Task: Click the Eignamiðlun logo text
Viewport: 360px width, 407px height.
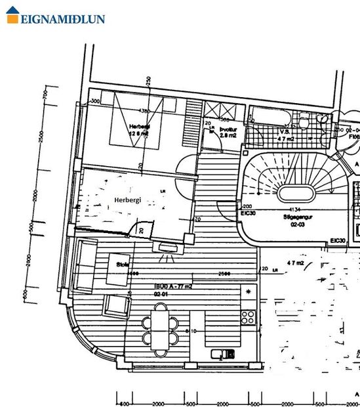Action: tap(63, 18)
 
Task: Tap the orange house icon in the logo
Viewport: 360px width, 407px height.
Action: tap(12, 16)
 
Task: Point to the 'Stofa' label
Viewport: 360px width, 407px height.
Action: tap(121, 265)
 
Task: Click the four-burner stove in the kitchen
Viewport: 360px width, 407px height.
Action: tap(248, 317)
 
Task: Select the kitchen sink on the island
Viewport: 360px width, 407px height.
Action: tap(223, 354)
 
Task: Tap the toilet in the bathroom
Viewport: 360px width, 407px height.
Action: tap(304, 120)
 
